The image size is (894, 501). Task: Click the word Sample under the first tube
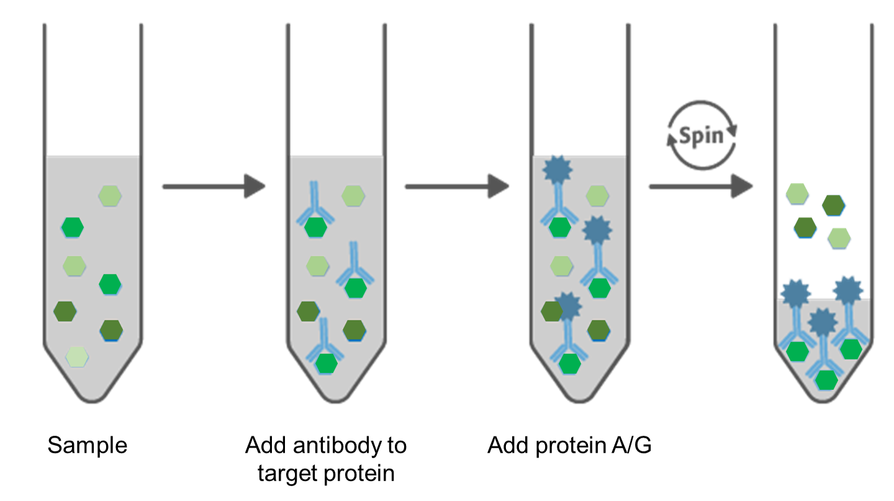(88, 446)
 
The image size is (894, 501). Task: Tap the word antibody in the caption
(338, 445)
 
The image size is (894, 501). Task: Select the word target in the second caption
(288, 474)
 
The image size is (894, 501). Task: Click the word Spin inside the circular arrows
(702, 136)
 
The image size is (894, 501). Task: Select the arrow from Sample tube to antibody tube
(214, 186)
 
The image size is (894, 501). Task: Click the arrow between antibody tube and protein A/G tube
(458, 186)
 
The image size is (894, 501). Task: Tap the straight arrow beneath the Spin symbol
(702, 186)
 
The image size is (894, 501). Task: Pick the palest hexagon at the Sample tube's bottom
(77, 356)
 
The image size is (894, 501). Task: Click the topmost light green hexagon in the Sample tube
(110, 196)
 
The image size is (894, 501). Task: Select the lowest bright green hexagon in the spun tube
(826, 380)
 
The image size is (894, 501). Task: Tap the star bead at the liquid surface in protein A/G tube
(558, 169)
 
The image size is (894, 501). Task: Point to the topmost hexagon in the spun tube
(797, 194)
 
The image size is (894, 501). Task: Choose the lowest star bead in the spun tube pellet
(823, 322)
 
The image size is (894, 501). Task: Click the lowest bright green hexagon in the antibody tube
(327, 364)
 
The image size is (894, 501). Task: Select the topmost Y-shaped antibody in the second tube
(315, 203)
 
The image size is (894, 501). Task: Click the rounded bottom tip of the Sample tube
(92, 401)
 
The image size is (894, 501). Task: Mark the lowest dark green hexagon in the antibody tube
(354, 330)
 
